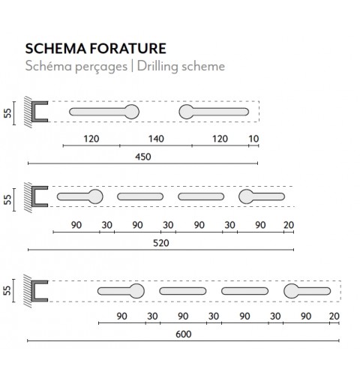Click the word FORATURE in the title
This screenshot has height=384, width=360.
128,49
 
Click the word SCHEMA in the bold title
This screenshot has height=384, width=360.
55,49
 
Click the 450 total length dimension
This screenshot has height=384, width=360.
143,157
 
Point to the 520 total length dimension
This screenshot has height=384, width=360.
161,243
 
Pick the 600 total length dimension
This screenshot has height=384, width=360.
184,334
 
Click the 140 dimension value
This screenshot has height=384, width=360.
156,139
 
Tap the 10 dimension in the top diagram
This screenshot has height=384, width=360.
253,139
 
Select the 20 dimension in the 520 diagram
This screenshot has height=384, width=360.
289,225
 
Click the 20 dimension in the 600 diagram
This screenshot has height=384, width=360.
334,316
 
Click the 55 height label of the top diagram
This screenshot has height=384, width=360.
7,113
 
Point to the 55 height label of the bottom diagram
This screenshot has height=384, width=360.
7,290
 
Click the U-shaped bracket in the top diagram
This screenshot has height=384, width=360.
34,112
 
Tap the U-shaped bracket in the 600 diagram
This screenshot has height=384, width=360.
34,291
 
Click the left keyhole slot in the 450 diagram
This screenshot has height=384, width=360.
104,112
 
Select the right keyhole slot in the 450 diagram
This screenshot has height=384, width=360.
214,112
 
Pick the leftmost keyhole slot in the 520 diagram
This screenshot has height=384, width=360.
80,196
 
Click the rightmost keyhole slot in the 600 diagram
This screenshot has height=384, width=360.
307,291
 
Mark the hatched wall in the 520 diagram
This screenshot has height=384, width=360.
28,197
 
